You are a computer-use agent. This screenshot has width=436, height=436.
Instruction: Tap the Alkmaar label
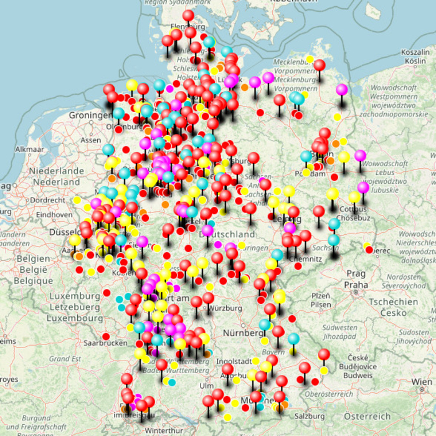[30, 150]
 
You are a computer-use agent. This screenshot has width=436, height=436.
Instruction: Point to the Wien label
[421, 381]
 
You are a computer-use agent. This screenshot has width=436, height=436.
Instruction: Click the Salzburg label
[310, 416]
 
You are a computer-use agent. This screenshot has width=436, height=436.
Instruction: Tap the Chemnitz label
[301, 257]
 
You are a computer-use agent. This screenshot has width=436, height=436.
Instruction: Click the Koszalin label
[415, 52]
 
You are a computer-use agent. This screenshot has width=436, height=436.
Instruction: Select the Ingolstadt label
[234, 361]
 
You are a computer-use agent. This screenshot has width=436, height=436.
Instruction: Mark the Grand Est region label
[65, 359]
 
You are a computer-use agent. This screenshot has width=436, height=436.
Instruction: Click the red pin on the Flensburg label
[188, 16]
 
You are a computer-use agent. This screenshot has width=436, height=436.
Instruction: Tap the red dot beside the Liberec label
[369, 250]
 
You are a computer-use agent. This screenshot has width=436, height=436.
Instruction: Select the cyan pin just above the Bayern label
[293, 338]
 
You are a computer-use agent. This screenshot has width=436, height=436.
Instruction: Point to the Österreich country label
[368, 416]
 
